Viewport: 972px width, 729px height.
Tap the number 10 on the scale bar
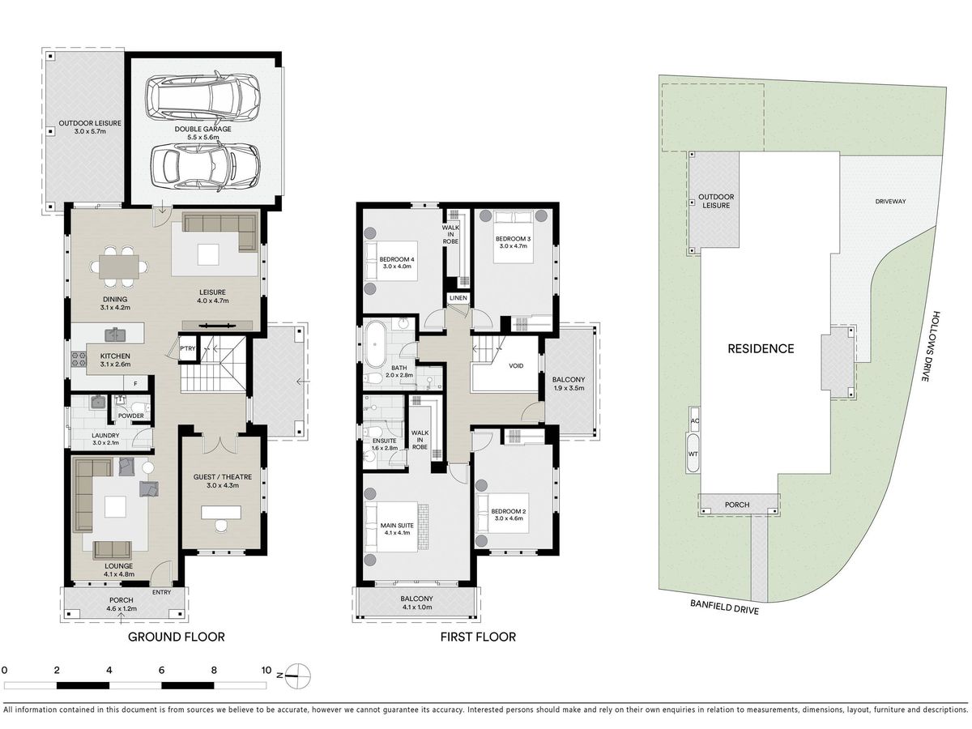[x=266, y=670]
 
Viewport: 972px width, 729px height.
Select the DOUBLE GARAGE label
[x=202, y=129]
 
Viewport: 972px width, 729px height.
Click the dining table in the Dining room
[x=119, y=267]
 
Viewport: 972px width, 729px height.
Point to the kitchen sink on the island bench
[x=115, y=335]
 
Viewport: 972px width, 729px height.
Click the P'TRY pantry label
[x=187, y=348]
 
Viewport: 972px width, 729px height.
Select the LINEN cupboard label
[x=458, y=298]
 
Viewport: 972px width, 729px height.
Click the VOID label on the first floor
[x=516, y=365]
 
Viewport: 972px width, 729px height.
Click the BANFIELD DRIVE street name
[x=724, y=607]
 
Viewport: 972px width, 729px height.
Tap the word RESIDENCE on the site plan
[x=761, y=349]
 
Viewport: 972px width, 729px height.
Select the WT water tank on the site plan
[x=693, y=454]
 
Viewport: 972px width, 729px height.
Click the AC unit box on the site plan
[x=694, y=420]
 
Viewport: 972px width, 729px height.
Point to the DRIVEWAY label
[x=890, y=201]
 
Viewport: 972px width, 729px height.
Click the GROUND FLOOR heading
[x=177, y=637]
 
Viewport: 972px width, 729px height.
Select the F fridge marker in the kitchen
[x=136, y=384]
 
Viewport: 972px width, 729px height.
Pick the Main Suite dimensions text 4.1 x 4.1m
[x=397, y=533]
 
